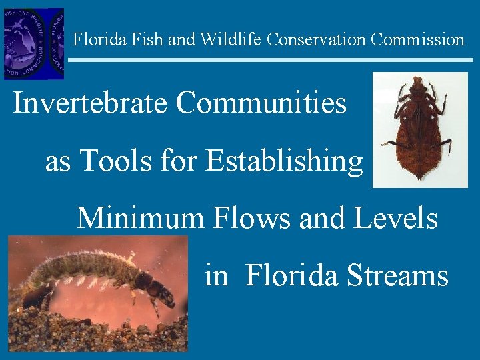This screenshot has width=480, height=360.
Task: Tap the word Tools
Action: pos(111,161)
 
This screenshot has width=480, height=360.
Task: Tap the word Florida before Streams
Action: pos(291,275)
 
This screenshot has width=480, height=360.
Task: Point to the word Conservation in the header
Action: pos(316,39)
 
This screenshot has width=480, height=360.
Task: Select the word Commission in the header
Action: pos(417,39)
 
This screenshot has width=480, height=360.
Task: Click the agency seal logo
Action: pos(33,43)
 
